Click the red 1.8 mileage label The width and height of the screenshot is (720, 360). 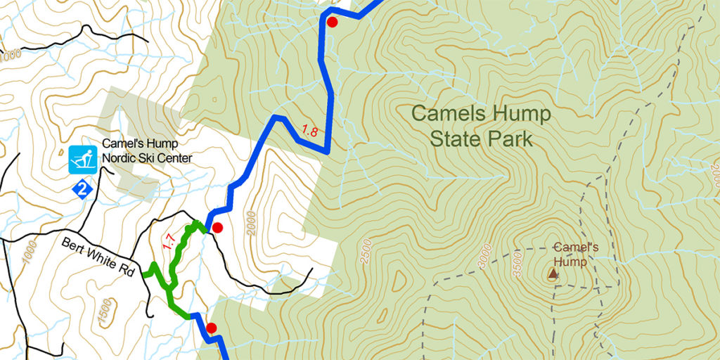point(309,130)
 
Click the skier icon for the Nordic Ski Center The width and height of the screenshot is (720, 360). point(83,160)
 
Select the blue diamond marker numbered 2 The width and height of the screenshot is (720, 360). point(83,188)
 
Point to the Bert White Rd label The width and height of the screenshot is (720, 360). point(97,257)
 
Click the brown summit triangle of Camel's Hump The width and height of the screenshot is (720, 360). point(553,273)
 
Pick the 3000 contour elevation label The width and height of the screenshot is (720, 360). point(483,255)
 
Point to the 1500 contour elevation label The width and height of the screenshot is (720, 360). point(105,312)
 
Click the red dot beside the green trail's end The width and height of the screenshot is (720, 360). point(217,228)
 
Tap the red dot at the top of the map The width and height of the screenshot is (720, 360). point(333,22)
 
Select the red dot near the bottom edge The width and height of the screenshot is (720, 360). point(210,328)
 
